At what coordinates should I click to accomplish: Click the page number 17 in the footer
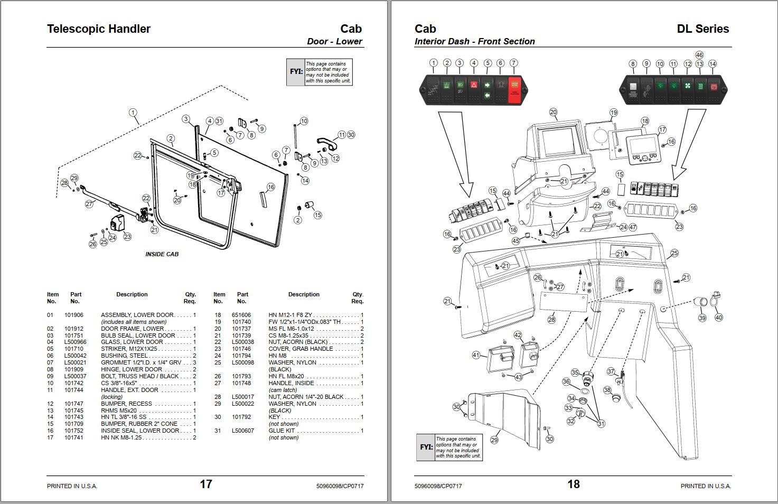coord(205,484)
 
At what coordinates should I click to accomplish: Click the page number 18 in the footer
coord(573,484)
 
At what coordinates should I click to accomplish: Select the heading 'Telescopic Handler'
coord(99,29)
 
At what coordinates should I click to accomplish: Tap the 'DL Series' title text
coord(702,29)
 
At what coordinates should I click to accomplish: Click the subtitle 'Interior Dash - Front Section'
coord(474,41)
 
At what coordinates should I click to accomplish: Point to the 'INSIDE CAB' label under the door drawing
coord(162,254)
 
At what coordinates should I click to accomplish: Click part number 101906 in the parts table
coord(74,315)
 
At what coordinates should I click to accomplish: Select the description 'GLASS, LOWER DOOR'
coord(132,342)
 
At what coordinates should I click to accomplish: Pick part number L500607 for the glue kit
coord(242,431)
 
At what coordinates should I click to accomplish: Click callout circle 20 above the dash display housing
coord(553,112)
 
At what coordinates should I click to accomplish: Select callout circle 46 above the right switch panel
coord(699,55)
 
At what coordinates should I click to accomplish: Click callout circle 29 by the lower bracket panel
coord(494,440)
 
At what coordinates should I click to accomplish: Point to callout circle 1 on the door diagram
coord(133,113)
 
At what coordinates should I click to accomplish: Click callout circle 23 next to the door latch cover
coord(127,237)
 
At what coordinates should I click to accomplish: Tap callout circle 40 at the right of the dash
coord(718,318)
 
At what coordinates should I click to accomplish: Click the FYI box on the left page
coord(319,72)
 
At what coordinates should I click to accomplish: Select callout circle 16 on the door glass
coord(271,187)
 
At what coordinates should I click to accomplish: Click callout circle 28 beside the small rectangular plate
coord(551,320)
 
